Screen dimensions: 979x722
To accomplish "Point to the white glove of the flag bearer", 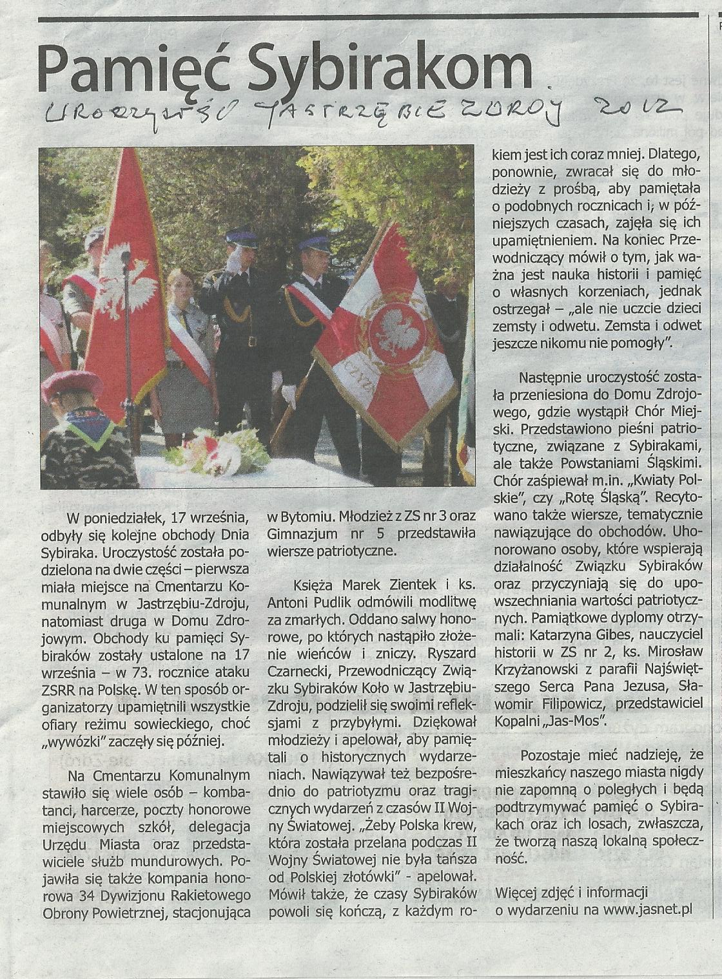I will point(289,395).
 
